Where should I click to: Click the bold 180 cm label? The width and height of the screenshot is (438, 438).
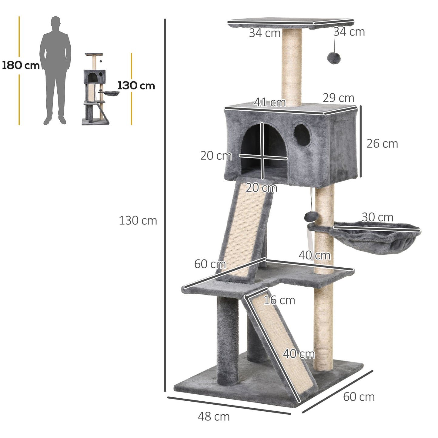(21, 65)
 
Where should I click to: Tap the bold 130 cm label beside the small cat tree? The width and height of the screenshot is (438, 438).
(136, 86)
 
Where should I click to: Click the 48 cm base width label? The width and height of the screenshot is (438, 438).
(214, 416)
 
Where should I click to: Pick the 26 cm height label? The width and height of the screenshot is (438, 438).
(382, 144)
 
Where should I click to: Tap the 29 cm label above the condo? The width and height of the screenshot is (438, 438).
(338, 98)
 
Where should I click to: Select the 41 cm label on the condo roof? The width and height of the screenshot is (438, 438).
(269, 102)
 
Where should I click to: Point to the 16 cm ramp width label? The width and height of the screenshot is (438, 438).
(279, 300)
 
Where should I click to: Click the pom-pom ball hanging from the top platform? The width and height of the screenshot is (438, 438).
(334, 58)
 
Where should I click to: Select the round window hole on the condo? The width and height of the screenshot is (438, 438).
(302, 134)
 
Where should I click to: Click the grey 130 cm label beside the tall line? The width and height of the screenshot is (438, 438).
(138, 220)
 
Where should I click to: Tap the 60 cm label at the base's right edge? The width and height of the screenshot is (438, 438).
(359, 397)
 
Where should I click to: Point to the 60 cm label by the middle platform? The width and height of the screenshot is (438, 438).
(210, 264)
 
